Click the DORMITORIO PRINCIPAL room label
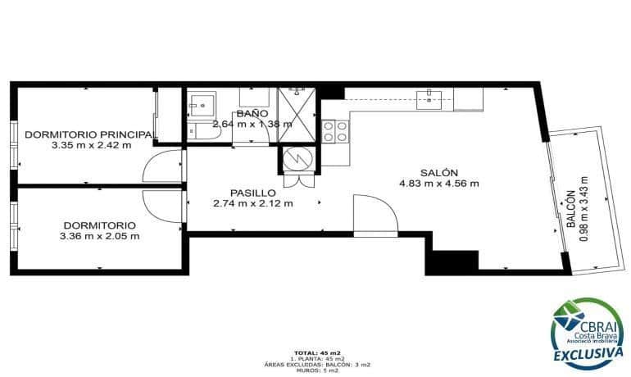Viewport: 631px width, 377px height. tap(90, 134)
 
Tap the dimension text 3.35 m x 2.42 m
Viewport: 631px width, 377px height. tap(90, 144)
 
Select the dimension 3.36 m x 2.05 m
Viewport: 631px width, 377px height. tap(99, 236)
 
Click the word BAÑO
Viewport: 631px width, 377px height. tap(252, 114)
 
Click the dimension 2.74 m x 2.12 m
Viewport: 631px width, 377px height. tap(252, 204)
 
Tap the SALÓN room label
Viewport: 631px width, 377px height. tap(438, 172)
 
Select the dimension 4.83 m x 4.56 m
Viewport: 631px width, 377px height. tap(438, 184)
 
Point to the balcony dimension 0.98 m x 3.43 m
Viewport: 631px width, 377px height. tap(583, 208)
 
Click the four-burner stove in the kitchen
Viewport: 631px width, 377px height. tap(334, 131)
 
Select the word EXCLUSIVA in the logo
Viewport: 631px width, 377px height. tap(585, 354)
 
